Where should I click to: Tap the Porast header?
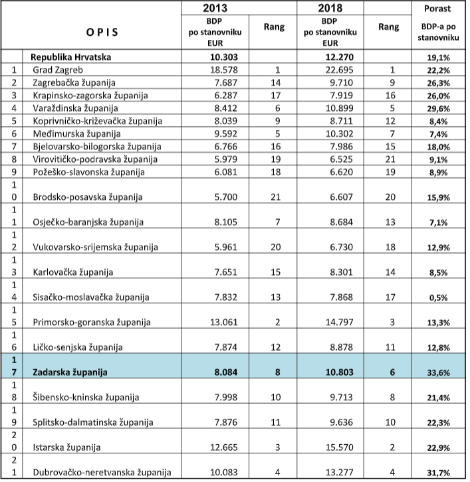[x=438, y=9]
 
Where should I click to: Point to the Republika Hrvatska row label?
[x=73, y=57]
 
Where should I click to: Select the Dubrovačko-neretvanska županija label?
[x=102, y=473]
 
